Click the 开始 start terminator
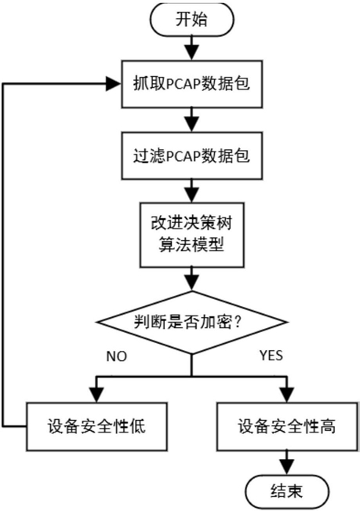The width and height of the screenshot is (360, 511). point(191,19)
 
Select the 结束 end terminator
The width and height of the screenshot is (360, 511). point(286,491)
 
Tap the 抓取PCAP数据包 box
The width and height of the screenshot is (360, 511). point(191,84)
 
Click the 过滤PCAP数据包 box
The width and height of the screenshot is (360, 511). point(191,155)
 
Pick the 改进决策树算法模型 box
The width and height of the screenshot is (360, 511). point(191,235)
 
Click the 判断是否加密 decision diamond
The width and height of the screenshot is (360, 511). point(191,323)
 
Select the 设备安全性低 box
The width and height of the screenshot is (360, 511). point(96,426)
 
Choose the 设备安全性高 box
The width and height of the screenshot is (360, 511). point(287,426)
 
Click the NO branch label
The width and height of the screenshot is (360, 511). point(117,356)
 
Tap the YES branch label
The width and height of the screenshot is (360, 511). point(271,356)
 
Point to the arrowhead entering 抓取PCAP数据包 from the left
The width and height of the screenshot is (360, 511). point(115,84)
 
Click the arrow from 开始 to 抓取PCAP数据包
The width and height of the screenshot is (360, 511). point(191,48)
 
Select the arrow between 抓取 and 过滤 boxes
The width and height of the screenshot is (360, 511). point(191,120)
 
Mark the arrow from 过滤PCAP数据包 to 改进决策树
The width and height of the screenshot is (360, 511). point(191,191)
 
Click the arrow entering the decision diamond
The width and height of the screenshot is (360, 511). point(191,279)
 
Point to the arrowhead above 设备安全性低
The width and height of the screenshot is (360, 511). point(96,395)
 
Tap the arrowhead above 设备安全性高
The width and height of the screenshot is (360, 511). point(287,395)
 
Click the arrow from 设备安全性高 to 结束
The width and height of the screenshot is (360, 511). point(287,463)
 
